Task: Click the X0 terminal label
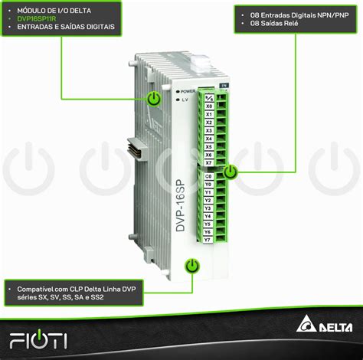(x=209, y=106)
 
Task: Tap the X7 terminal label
(x=209, y=162)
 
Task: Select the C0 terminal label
(x=208, y=176)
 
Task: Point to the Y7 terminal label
(x=208, y=240)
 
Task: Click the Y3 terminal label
(x=208, y=208)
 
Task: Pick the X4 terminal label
(x=209, y=139)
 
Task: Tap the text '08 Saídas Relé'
(x=265, y=24)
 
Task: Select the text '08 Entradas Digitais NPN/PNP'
(x=287, y=15)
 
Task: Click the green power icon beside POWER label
(x=154, y=98)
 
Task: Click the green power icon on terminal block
(x=231, y=172)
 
